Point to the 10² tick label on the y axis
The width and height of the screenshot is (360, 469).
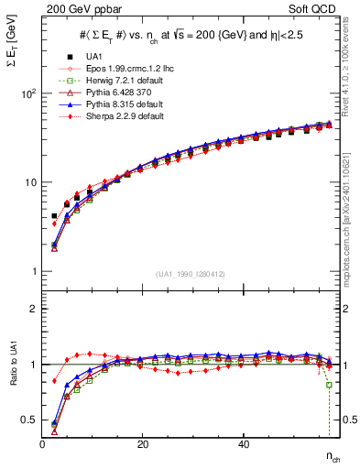pos(27,94)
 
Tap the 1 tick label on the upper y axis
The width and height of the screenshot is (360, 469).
pos(31,271)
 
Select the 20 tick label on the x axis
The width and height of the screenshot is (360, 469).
pos(142,444)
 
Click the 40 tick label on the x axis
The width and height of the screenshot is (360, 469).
pos(243,444)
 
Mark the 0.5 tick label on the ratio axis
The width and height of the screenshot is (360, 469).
pos(27,420)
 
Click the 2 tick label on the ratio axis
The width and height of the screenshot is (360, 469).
pos(31,309)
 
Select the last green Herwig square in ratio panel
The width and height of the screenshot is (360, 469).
pos(329,385)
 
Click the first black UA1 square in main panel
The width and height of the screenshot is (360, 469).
pos(54,216)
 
